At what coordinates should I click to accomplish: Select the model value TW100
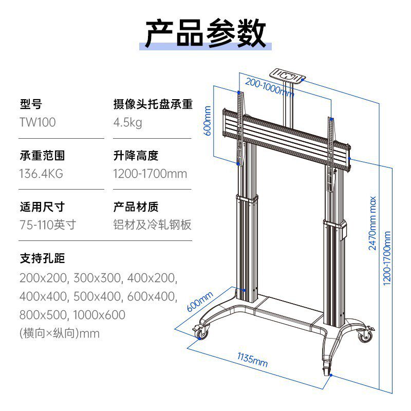pos(38,122)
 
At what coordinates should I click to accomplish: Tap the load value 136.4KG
pos(42,173)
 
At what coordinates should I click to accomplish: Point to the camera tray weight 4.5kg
pos(127,122)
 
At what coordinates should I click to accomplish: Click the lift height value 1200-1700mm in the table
pos(150,173)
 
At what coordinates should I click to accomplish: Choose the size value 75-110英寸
pos(48,225)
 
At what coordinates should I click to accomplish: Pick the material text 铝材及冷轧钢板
pos(153,225)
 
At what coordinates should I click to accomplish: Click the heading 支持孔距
pos(43,257)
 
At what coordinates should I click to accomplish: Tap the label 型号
pos(31,104)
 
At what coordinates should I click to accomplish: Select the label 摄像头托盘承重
pos(153,104)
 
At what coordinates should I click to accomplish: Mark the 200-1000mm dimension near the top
pos(269,87)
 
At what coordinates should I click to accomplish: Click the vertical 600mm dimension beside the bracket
pos(208,120)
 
